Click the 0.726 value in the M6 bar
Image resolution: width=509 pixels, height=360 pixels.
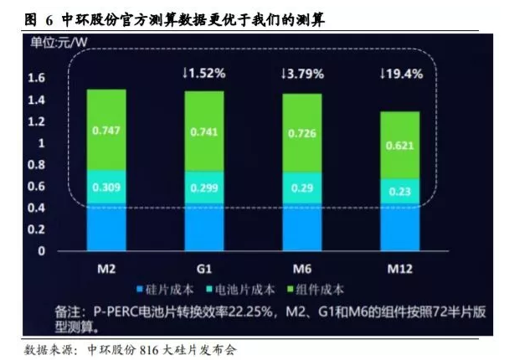[x=302, y=134]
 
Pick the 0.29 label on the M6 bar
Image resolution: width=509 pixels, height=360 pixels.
[x=302, y=186]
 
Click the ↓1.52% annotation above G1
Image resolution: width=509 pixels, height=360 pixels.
[x=203, y=74]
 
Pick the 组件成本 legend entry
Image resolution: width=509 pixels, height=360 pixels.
[x=316, y=290]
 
